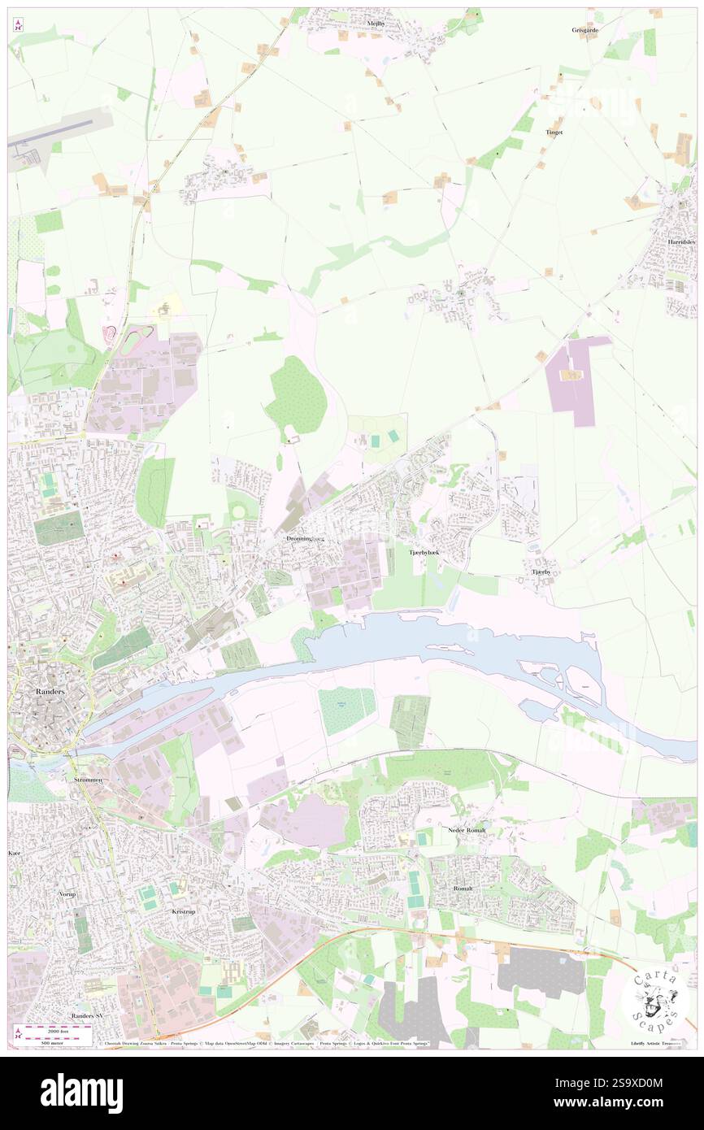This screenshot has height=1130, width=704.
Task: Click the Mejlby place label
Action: pos(376,24)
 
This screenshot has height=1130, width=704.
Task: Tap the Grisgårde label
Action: pos(584,30)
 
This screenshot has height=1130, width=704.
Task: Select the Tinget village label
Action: pos(554,132)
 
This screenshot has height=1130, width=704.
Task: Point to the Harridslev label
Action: pos(680,242)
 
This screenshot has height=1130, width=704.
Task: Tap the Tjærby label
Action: pos(541,572)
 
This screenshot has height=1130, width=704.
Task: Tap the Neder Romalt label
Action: pos(466,829)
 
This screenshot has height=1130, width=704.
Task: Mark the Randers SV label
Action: pos(87,1016)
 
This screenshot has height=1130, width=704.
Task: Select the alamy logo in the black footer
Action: pos(82,1093)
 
